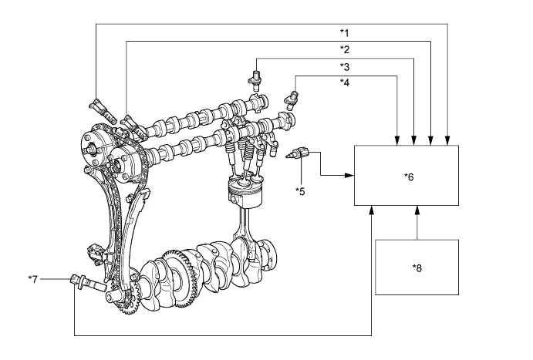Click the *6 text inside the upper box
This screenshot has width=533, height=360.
tap(409, 177)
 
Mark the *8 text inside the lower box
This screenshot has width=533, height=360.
tap(417, 267)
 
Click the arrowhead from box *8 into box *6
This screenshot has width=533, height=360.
tap(417, 209)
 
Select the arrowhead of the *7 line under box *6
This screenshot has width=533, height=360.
tap(372, 209)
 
